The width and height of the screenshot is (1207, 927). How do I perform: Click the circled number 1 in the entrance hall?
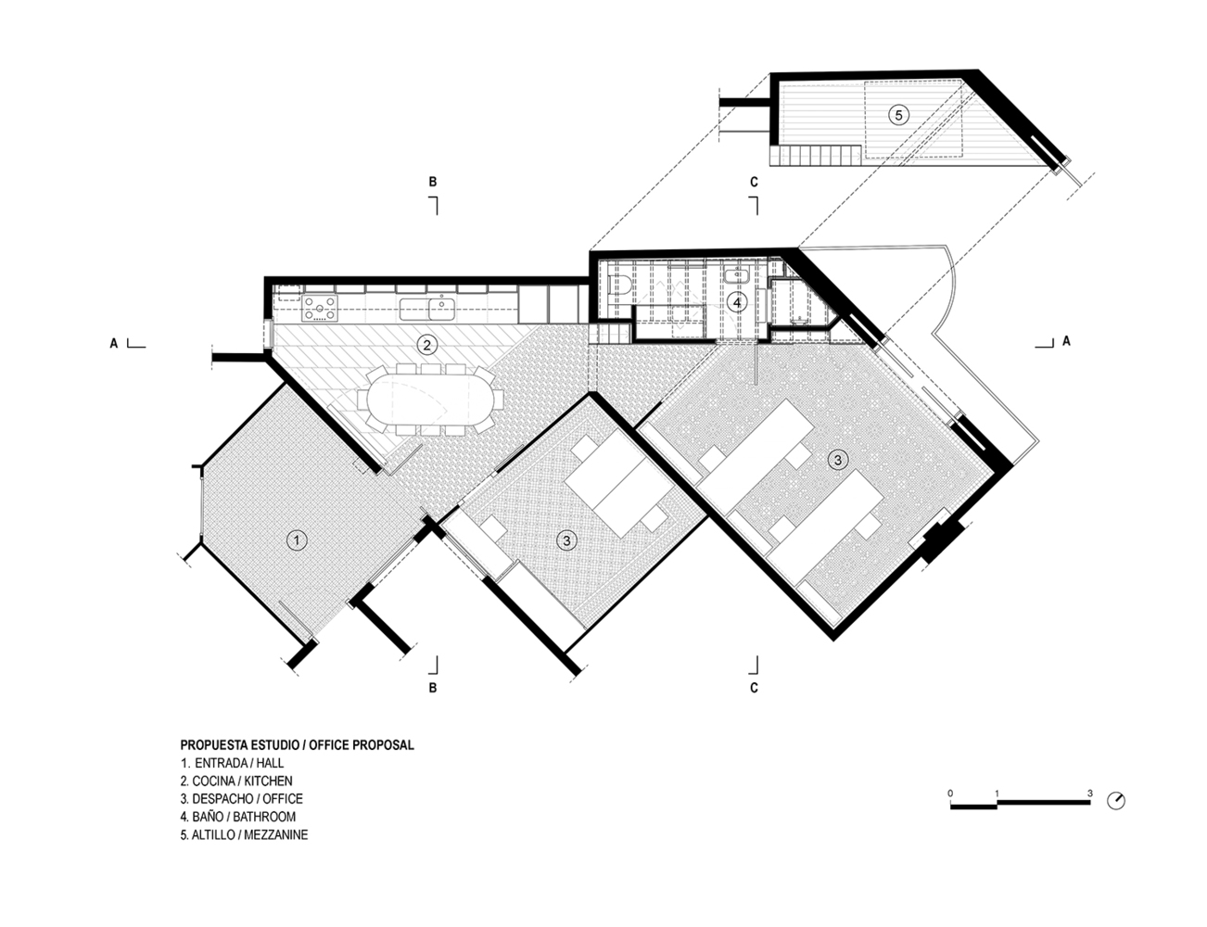click(x=296, y=540)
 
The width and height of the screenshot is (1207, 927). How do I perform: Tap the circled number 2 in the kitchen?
click(x=426, y=346)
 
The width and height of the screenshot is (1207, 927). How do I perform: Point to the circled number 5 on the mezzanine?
click(x=896, y=114)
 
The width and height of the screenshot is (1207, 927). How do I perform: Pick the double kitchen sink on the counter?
click(x=428, y=307)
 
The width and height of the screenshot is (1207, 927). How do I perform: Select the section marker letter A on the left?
click(x=114, y=343)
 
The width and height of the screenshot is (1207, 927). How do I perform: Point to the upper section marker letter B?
click(x=433, y=183)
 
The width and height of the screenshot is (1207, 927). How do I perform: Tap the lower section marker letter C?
click(x=755, y=688)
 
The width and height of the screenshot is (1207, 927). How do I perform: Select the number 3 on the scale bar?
click(x=1090, y=794)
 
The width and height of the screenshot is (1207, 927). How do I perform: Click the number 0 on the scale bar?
click(x=951, y=794)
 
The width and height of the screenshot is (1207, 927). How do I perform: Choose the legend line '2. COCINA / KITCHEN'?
click(x=236, y=781)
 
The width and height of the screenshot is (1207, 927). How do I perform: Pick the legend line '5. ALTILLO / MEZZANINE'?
click(x=244, y=834)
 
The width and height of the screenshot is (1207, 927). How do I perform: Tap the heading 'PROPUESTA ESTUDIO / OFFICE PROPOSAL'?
click(x=297, y=744)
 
